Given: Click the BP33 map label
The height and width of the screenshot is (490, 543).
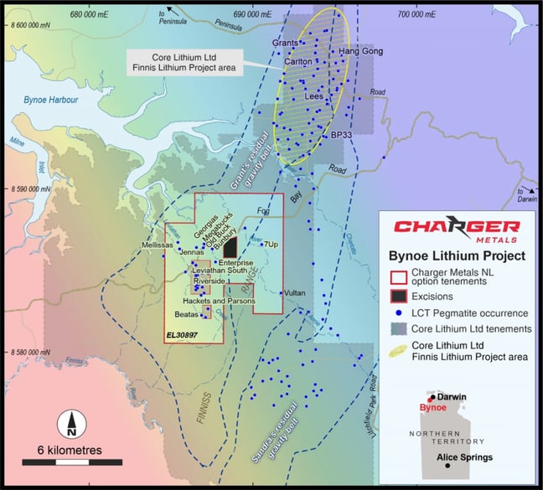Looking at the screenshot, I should (341, 133).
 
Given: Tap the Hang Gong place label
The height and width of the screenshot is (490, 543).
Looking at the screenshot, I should (360, 52).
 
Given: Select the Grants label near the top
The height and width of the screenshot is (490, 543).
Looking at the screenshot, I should (287, 43).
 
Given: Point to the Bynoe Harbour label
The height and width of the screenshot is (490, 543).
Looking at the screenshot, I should (50, 100).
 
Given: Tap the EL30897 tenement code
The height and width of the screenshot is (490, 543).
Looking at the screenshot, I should (183, 335).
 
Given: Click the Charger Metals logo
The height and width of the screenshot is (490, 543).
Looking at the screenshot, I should (458, 229).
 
